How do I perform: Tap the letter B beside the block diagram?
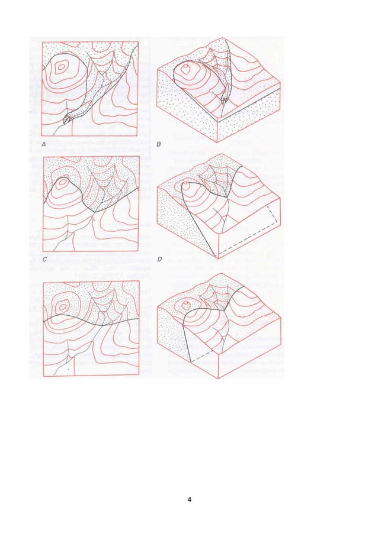point(158,144)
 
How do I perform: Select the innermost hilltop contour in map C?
point(62,181)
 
